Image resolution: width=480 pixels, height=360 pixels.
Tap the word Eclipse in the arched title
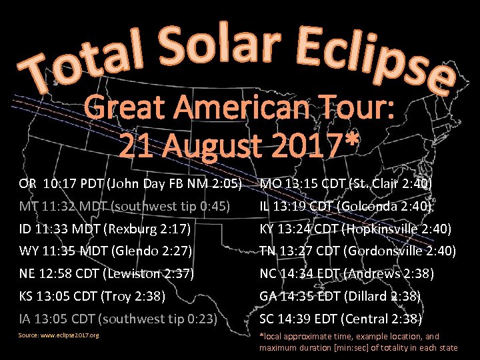373,60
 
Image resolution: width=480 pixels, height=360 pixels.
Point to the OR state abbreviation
28,184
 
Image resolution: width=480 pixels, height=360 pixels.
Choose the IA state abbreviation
25,319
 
